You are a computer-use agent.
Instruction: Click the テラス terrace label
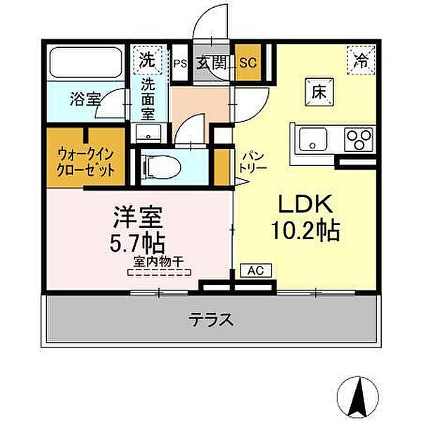[x=210, y=321]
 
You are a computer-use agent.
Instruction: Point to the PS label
[x=179, y=62]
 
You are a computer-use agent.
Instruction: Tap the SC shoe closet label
[x=247, y=62]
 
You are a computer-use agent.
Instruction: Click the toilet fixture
[x=159, y=167]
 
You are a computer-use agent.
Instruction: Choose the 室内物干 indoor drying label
[x=158, y=264]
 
